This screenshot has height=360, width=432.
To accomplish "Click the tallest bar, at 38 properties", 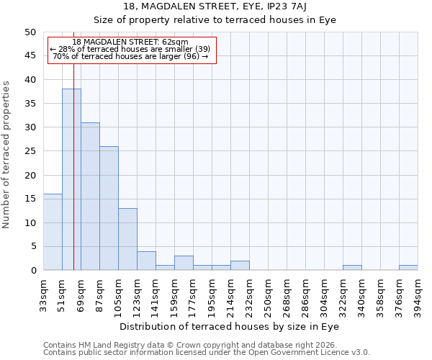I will pos(71,179).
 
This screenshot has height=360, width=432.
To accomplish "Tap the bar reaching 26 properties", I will pos(109,208).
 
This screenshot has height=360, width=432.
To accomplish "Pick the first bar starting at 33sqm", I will pos(53,232).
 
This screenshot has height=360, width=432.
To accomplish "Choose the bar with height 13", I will pos(127,239).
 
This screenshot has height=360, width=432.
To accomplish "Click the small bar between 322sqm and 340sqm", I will pos(352,268).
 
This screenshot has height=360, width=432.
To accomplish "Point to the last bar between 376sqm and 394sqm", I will pos(408,268).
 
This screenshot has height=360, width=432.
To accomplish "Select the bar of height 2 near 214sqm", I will pos(240,266).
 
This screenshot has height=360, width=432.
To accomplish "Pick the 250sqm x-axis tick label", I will pos(269,296).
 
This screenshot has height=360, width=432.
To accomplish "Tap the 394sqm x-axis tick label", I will pos(418,296).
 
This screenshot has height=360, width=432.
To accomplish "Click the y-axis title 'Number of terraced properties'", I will pos(7,154).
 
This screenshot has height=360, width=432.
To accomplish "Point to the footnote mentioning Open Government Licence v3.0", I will pos(207,352).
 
